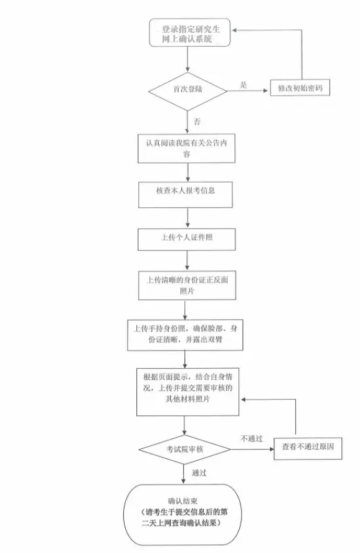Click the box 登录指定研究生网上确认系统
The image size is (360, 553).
click(x=190, y=32)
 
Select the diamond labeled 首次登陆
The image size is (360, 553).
click(x=187, y=91)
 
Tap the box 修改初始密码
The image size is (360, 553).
click(x=300, y=88)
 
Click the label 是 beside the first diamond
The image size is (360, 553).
click(x=244, y=85)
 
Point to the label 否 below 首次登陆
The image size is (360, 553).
click(x=197, y=121)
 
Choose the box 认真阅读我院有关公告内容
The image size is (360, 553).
click(x=186, y=148)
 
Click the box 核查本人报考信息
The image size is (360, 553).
click(x=186, y=195)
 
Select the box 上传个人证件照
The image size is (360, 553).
click(x=186, y=240)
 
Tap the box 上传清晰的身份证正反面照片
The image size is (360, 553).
click(x=187, y=285)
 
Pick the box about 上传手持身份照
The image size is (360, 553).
click(x=185, y=335)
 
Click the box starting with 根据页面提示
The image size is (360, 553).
click(x=187, y=392)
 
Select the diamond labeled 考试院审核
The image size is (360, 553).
click(x=185, y=450)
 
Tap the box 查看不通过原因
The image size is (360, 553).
click(x=308, y=448)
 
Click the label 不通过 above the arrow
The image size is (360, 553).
click(x=252, y=439)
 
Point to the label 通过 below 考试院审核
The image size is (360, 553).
click(x=199, y=473)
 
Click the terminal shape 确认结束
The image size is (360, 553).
click(x=182, y=515)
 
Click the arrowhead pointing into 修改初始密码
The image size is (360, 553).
click(x=266, y=91)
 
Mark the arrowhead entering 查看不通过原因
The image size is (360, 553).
click(x=272, y=450)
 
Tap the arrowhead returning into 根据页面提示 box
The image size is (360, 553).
click(x=244, y=399)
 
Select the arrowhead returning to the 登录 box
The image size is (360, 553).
click(x=234, y=31)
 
